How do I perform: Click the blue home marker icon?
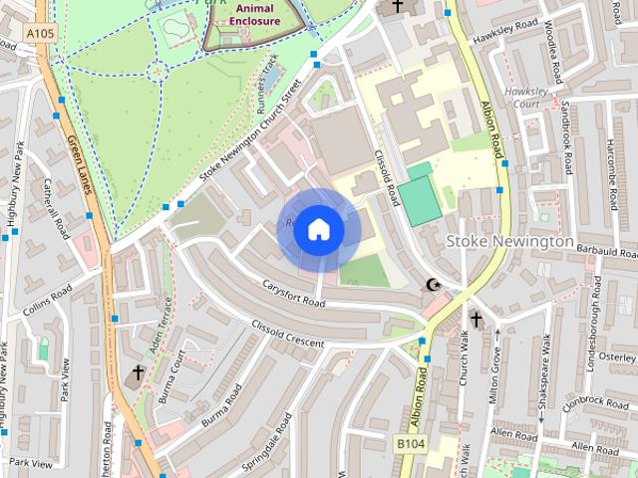tap(317, 230)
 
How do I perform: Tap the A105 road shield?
tap(41, 34)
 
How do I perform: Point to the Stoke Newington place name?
tap(509, 241)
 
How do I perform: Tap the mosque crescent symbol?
tap(433, 286)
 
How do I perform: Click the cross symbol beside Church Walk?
tap(476, 320)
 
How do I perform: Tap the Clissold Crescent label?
tap(288, 336)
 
